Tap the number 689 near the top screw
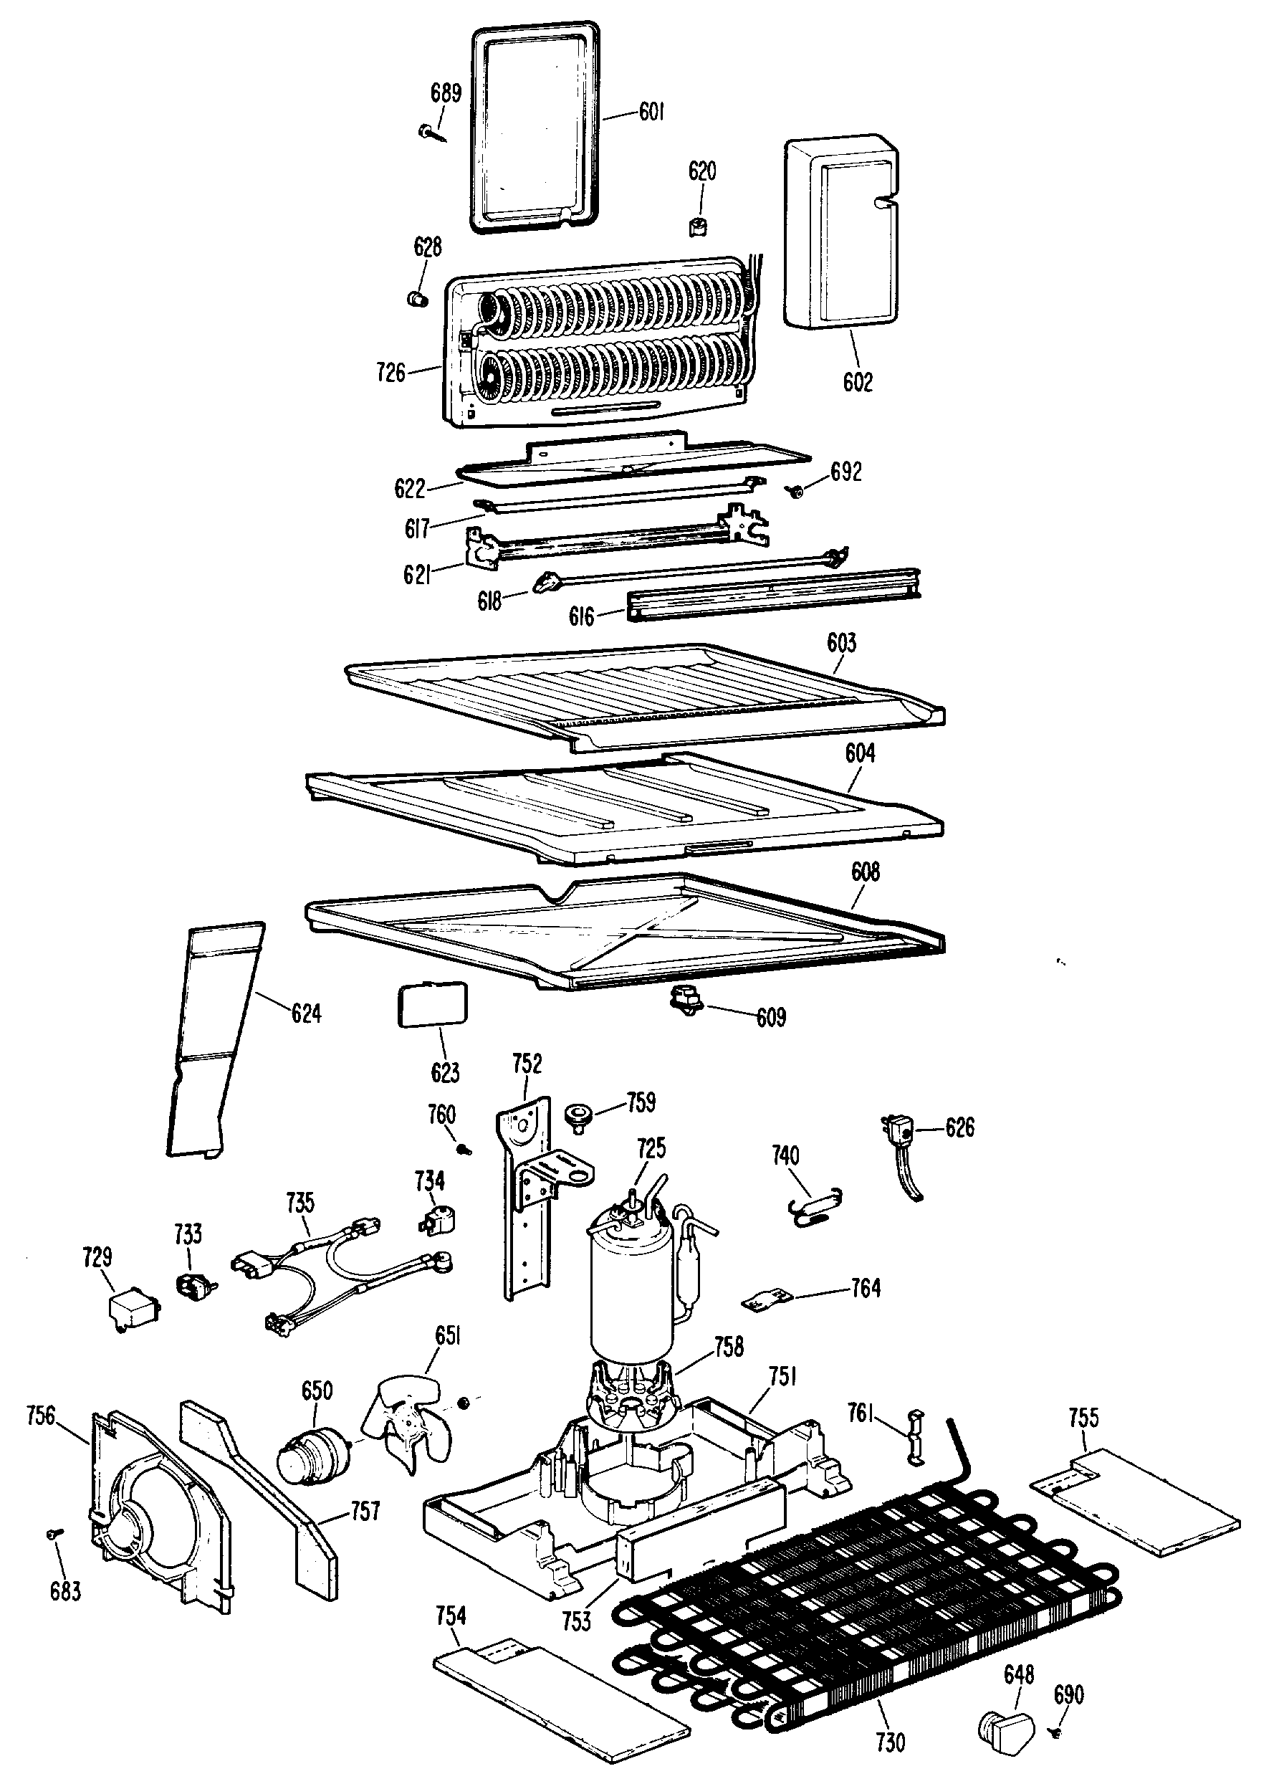(x=446, y=93)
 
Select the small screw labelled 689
(x=429, y=132)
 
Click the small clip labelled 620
(x=698, y=226)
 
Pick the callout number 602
(x=858, y=383)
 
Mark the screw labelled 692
(x=797, y=492)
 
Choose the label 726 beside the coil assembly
(x=391, y=371)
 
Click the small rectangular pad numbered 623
(x=431, y=1004)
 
